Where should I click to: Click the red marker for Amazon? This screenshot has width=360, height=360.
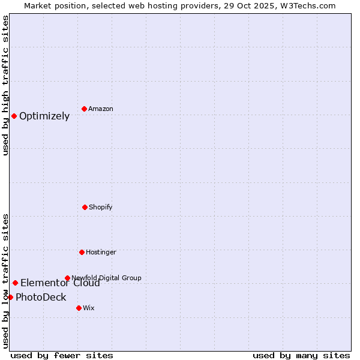click(x=85, y=109)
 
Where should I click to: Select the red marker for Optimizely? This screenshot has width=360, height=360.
click(x=14, y=116)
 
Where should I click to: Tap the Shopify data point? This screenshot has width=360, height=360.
click(x=85, y=207)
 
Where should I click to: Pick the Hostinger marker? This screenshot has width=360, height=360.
click(x=82, y=252)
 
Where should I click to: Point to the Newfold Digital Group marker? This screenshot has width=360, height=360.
click(x=67, y=278)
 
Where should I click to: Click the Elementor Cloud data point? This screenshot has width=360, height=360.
click(x=15, y=283)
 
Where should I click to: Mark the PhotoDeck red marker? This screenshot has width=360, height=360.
click(x=10, y=297)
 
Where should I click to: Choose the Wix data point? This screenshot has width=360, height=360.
click(x=79, y=308)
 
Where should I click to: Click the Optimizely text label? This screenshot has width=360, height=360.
click(x=44, y=116)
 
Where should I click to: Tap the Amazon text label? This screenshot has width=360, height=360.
click(x=101, y=109)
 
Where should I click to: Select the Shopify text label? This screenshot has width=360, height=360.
click(x=101, y=207)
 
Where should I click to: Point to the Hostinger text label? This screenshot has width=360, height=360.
click(x=101, y=252)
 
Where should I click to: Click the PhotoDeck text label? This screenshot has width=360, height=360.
click(x=41, y=298)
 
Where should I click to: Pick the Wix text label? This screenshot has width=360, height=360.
click(x=89, y=308)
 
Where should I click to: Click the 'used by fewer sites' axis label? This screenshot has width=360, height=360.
click(x=62, y=355)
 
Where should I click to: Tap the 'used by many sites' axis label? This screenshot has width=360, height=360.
click(x=301, y=355)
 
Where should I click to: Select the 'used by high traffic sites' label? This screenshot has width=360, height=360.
click(x=5, y=85)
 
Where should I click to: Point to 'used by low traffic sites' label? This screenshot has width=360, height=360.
click(x=5, y=281)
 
